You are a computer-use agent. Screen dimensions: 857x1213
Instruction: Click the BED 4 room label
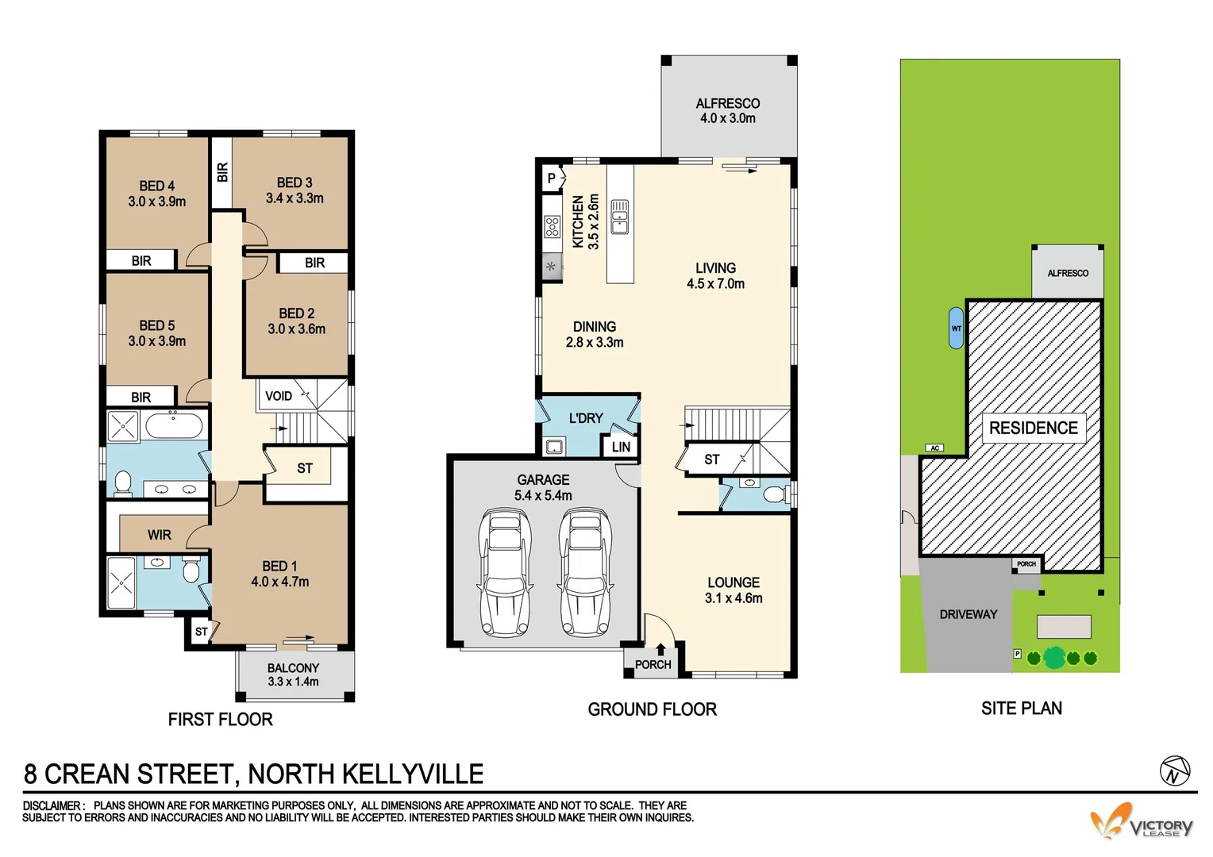tap(156, 186)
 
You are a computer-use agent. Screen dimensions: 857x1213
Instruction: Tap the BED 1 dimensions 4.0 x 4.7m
tap(279, 582)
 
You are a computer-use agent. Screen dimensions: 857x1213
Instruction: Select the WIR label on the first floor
tap(159, 535)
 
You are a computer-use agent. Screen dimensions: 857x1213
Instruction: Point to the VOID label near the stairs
tap(278, 396)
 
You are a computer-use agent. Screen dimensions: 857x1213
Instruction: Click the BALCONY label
tap(293, 668)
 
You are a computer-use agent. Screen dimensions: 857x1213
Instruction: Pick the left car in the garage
tap(505, 573)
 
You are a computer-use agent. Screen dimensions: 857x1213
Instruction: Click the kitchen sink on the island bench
tap(619, 217)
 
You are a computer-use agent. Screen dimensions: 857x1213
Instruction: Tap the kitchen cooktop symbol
tap(552, 227)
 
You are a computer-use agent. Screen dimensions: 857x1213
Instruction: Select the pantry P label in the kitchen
tap(552, 179)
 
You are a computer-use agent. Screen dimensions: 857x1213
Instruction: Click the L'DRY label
tap(586, 418)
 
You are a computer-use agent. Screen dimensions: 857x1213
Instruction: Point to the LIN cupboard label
tap(621, 448)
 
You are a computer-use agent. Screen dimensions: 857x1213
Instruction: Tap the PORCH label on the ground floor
tap(653, 665)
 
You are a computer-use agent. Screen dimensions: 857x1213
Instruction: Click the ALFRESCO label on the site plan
tap(1067, 273)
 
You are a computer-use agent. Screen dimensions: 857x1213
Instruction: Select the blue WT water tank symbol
tap(956, 329)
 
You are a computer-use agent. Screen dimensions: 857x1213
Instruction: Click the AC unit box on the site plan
tap(934, 448)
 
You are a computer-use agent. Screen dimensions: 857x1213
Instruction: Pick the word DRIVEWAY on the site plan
tap(968, 614)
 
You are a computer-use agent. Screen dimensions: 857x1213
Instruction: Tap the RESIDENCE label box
tap(1033, 428)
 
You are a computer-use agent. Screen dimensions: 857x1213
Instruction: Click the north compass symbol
tap(1175, 771)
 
